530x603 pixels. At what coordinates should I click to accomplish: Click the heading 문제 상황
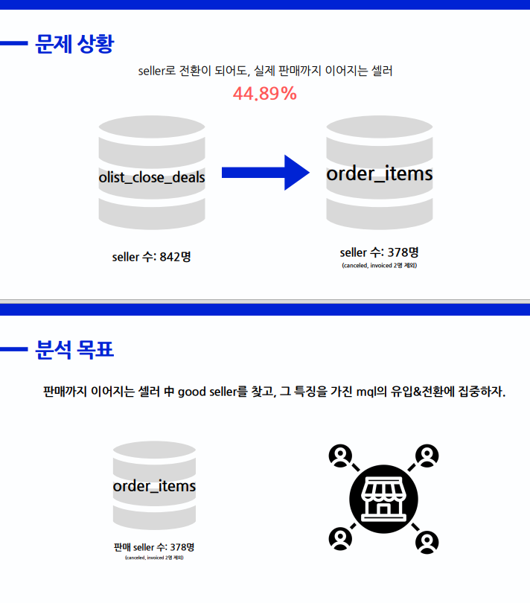pyautogui.click(x=74, y=44)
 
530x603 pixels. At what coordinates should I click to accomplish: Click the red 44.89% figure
pyautogui.click(x=265, y=94)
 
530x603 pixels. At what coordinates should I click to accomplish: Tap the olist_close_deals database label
pyautogui.click(x=152, y=176)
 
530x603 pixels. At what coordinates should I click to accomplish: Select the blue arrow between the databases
pyautogui.click(x=265, y=173)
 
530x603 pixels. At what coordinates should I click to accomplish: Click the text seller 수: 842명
pyautogui.click(x=152, y=257)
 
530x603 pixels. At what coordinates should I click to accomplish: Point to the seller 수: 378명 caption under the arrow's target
pyautogui.click(x=380, y=252)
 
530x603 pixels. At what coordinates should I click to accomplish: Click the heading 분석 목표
pyautogui.click(x=74, y=349)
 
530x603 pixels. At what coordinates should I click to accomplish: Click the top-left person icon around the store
pyautogui.click(x=340, y=456)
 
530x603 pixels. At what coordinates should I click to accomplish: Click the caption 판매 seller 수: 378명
pyautogui.click(x=154, y=547)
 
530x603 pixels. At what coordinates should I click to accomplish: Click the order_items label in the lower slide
pyautogui.click(x=154, y=486)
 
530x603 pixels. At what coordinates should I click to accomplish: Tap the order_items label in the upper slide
pyautogui.click(x=380, y=173)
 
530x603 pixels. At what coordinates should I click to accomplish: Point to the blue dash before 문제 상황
pyautogui.click(x=13, y=44)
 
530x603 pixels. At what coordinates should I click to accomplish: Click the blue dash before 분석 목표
pyautogui.click(x=13, y=349)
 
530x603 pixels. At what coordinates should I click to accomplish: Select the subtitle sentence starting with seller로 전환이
pyautogui.click(x=265, y=71)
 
